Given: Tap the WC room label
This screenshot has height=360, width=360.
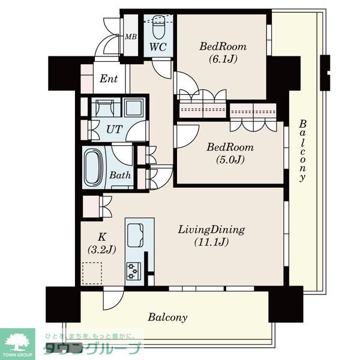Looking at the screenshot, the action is (158, 47).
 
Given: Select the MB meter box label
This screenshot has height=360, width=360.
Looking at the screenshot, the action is (131, 37).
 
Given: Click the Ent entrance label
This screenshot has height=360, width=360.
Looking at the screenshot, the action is (109, 79).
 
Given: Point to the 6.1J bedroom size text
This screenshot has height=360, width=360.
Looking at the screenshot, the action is (223, 59).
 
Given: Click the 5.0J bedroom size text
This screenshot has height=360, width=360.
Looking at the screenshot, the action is (230, 160).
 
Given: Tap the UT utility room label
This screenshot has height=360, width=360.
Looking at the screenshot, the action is (115, 130).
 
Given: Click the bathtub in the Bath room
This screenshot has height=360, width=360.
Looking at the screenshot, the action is (94, 167).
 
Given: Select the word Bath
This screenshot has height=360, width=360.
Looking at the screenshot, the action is (120, 175).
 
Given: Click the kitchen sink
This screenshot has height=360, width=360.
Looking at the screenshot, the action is (136, 235).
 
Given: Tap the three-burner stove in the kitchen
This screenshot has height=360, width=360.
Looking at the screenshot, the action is (134, 271).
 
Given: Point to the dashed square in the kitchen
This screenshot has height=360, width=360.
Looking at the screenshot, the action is (92, 273).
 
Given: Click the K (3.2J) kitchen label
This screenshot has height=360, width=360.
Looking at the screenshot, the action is (102, 243).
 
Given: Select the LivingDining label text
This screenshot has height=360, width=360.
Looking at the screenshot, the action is (211, 230).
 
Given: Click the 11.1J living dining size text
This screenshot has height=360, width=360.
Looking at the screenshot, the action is (211, 242).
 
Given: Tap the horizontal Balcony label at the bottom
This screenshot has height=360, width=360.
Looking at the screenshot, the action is (167, 317).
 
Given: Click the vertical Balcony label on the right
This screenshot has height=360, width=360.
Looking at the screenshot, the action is (302, 151).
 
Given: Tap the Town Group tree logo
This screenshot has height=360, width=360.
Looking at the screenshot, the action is (17, 341).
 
